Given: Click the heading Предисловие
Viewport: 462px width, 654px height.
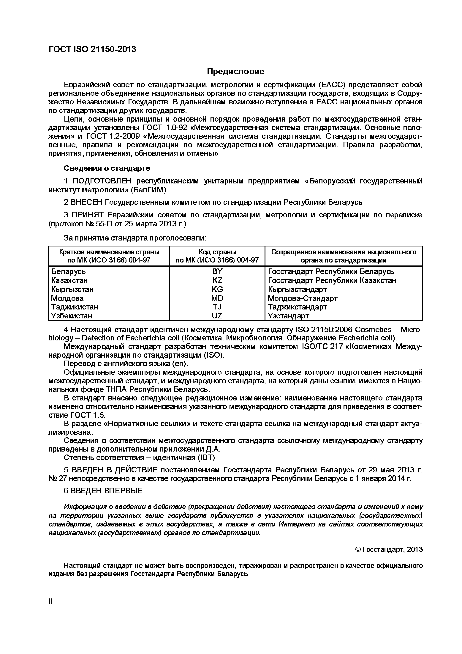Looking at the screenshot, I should click(x=235, y=71).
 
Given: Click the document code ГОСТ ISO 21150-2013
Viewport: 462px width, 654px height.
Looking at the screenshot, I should click(x=93, y=49).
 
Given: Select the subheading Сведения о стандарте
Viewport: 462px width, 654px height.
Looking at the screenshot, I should click(x=107, y=168).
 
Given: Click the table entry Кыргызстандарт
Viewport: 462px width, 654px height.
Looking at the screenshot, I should click(x=298, y=289).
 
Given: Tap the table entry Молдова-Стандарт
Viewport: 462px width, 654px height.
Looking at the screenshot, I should click(x=303, y=298).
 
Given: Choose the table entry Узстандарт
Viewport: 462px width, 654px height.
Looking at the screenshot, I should click(x=288, y=316).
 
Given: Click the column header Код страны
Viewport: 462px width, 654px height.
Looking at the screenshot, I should click(x=217, y=252).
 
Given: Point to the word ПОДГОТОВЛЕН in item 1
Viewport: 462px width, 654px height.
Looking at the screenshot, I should click(x=102, y=181).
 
